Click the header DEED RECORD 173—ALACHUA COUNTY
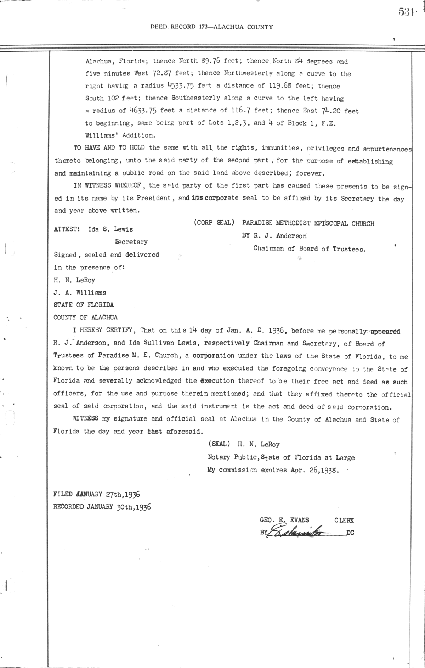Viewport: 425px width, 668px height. pos(211,27)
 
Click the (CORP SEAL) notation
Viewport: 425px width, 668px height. pos(214,223)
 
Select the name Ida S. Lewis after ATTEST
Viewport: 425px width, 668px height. pos(110,229)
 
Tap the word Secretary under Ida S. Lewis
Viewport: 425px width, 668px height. pos(131,242)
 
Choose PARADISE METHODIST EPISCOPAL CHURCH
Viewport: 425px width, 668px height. pos(308,223)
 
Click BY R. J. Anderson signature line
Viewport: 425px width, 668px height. pos(274,236)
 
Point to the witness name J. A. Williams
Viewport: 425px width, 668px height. pos(80,293)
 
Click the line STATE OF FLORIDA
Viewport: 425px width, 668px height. pos(84,305)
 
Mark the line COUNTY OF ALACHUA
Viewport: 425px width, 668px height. pos(85,318)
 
